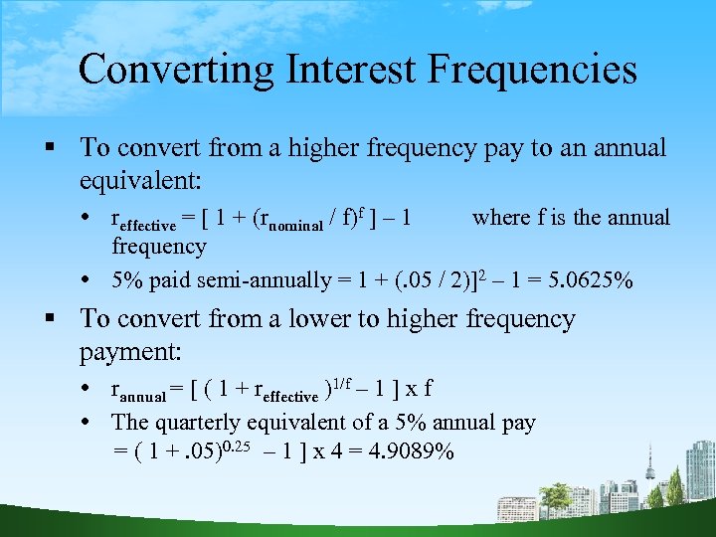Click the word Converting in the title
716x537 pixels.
173,70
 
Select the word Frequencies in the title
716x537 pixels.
537,70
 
